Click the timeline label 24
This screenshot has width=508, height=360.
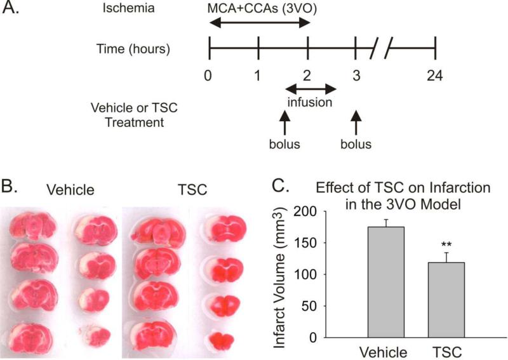pyautogui.click(x=434, y=75)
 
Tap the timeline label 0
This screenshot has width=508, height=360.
pyautogui.click(x=208, y=75)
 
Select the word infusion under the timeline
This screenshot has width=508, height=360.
pyautogui.click(x=310, y=101)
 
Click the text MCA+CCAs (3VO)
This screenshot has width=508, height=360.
pyautogui.click(x=260, y=9)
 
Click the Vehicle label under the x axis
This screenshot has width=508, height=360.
pyautogui.click(x=385, y=352)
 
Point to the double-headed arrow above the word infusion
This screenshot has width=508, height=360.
pyautogui.click(x=310, y=88)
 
